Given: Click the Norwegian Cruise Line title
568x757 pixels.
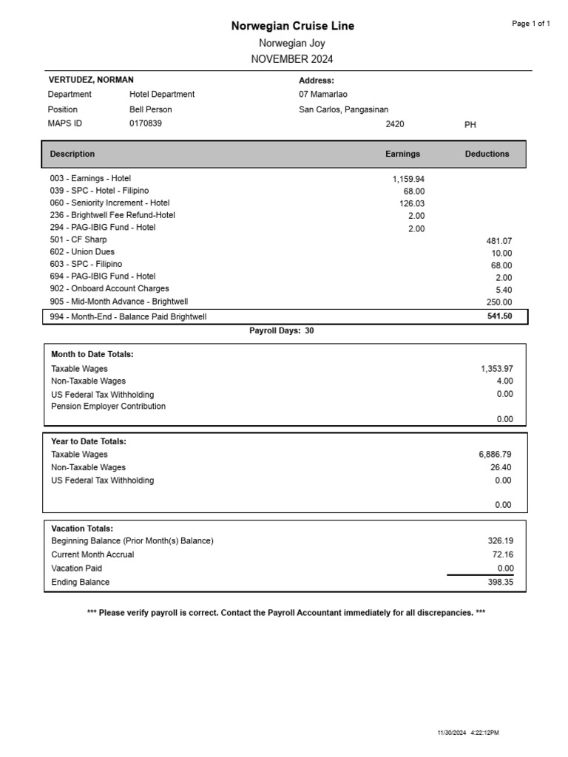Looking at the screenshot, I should click(x=292, y=26).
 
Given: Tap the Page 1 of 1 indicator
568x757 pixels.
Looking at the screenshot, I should click(x=531, y=24).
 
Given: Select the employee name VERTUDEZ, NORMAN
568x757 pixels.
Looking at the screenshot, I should click(x=91, y=80).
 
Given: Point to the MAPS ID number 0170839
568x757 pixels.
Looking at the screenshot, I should click(x=146, y=123).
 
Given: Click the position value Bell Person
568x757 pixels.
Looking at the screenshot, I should click(x=151, y=109).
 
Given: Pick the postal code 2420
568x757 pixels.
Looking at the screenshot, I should click(x=395, y=124).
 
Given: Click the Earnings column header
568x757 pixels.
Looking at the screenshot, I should click(x=402, y=154).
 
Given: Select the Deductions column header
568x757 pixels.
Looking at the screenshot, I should click(x=487, y=154).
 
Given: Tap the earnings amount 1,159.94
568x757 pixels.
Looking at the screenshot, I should click(x=408, y=179).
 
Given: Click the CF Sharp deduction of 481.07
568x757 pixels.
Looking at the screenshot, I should click(x=498, y=241).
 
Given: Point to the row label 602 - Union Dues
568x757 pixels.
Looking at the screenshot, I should click(x=82, y=252).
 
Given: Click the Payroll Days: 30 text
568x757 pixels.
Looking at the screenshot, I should click(x=282, y=331).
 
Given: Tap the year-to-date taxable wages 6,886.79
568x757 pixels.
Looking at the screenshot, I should click(x=495, y=455).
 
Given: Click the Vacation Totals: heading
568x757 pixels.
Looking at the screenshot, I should click(x=82, y=529).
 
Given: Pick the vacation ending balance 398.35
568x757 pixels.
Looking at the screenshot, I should click(x=496, y=583).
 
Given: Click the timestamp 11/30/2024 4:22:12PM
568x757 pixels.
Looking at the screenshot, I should click(x=468, y=733).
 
